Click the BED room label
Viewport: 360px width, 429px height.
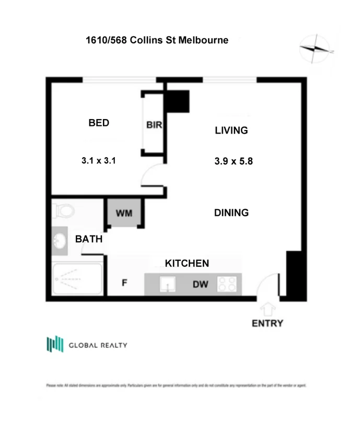coord(99,123)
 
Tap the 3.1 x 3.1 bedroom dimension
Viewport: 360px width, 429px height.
coord(98,161)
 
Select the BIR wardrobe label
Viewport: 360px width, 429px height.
coord(154,125)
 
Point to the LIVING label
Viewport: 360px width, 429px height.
coord(231,130)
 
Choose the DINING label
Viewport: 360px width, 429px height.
coord(231,213)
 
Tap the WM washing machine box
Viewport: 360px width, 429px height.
coord(124,213)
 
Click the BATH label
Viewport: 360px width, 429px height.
coord(89,240)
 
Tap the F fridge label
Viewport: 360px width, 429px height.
coord(124,283)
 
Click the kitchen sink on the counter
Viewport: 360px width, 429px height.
coord(168,284)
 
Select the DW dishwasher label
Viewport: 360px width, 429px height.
coord(200,284)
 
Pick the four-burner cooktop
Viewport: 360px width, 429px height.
coord(227,284)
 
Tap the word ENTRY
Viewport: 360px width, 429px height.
coord(268,323)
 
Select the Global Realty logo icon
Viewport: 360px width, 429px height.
coord(55,344)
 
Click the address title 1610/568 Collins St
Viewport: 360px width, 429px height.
coord(157,40)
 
